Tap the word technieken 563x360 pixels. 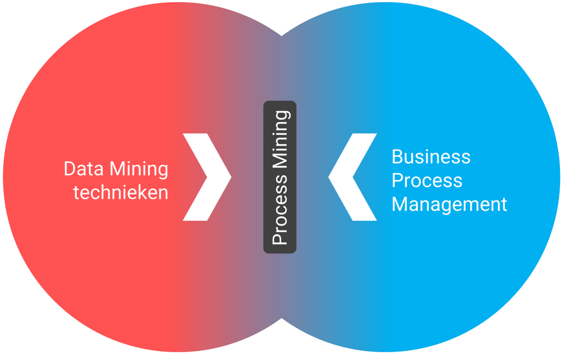click(121, 193)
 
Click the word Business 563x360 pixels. click(431, 157)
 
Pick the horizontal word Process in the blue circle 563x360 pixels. click(427, 181)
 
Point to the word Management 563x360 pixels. click(449, 204)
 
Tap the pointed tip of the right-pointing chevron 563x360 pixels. click(231, 177)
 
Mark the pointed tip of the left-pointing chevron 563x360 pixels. click(329, 177)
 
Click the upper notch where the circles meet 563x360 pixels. click(281, 35)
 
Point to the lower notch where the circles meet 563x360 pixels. click(281, 319)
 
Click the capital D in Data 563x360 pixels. click(69, 170)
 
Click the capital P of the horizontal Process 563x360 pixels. click(396, 181)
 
